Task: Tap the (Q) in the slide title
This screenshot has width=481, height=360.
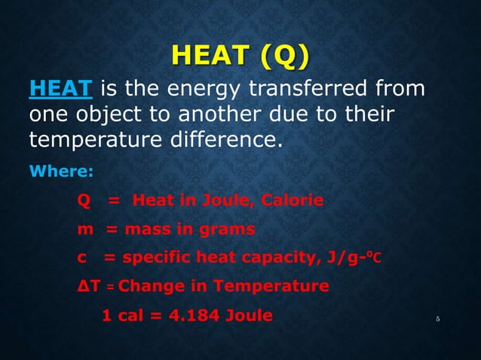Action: pos(282,56)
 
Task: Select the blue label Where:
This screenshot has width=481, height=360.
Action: pos(60,171)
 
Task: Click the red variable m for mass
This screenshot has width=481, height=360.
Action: pos(84,229)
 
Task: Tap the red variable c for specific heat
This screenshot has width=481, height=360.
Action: pos(81,258)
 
